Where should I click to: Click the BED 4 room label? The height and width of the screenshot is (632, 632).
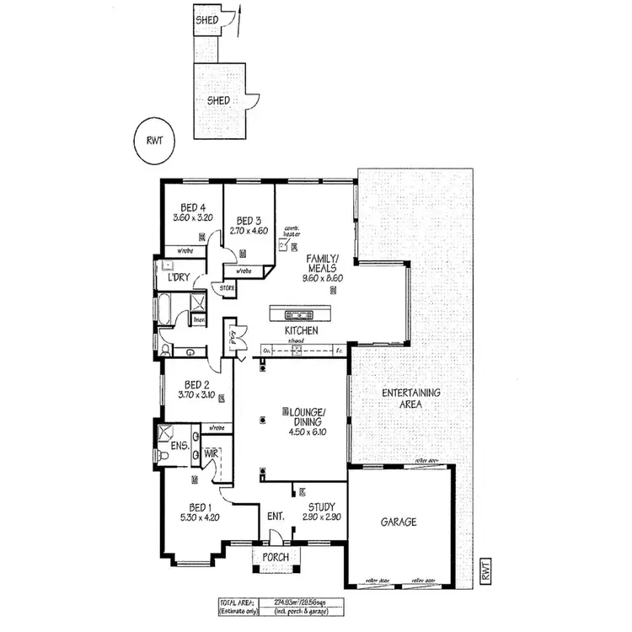click(x=193, y=207)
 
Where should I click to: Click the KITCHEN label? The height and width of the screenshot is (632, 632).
click(x=301, y=331)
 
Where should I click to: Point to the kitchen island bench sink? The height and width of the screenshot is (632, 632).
click(x=301, y=314)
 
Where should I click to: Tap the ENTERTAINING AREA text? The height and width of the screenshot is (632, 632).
click(x=411, y=399)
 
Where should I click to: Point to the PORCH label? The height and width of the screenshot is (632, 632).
click(x=276, y=558)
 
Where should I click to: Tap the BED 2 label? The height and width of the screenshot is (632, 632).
click(x=195, y=383)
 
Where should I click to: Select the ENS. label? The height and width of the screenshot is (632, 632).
click(x=179, y=444)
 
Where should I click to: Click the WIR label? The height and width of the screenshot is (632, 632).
click(x=211, y=453)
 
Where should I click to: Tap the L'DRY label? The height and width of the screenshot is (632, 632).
click(x=177, y=277)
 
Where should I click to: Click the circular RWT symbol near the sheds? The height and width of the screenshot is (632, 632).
click(x=153, y=141)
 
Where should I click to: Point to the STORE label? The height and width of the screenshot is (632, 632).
click(x=227, y=288)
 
